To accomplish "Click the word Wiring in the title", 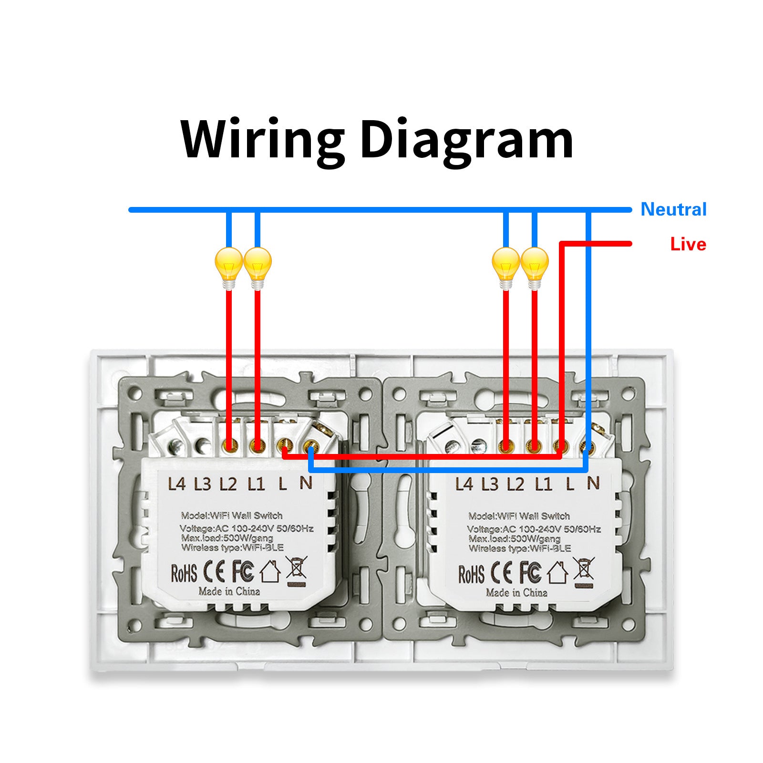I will click(262, 139).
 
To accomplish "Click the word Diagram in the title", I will click(466, 139).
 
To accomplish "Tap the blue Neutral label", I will click(673, 209).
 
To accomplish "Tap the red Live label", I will click(688, 244).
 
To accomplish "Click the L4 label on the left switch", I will click(176, 485).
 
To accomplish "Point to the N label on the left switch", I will click(306, 483).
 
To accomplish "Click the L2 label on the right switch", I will click(516, 485).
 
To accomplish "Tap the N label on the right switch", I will click(593, 484).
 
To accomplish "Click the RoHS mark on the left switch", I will click(184, 573).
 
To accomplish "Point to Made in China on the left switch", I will click(229, 592).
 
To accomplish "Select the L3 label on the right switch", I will click(490, 485).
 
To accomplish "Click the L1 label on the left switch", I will click(256, 485).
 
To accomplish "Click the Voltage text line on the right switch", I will click(534, 529).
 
